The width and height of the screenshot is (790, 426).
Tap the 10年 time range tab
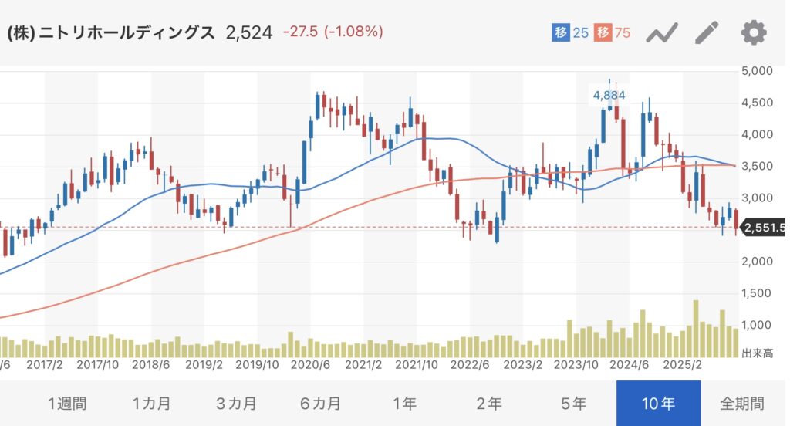(658, 403)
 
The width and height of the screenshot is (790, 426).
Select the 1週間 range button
(67, 403)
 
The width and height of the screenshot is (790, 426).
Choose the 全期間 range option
(743, 403)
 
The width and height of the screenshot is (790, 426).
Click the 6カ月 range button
(320, 403)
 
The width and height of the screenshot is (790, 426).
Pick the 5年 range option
(573, 403)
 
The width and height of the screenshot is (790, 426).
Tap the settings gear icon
(754, 32)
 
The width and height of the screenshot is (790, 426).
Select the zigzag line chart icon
(661, 32)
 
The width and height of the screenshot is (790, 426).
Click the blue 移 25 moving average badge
(570, 32)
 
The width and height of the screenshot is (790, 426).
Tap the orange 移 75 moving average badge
(613, 32)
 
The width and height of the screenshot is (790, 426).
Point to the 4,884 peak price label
(609, 95)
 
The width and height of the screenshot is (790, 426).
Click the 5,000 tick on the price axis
(757, 71)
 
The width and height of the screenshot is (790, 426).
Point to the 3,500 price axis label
(757, 166)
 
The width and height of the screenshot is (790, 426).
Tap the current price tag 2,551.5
(764, 228)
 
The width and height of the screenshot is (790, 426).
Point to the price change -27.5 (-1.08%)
(333, 32)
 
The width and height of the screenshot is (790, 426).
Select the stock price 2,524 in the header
(248, 32)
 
